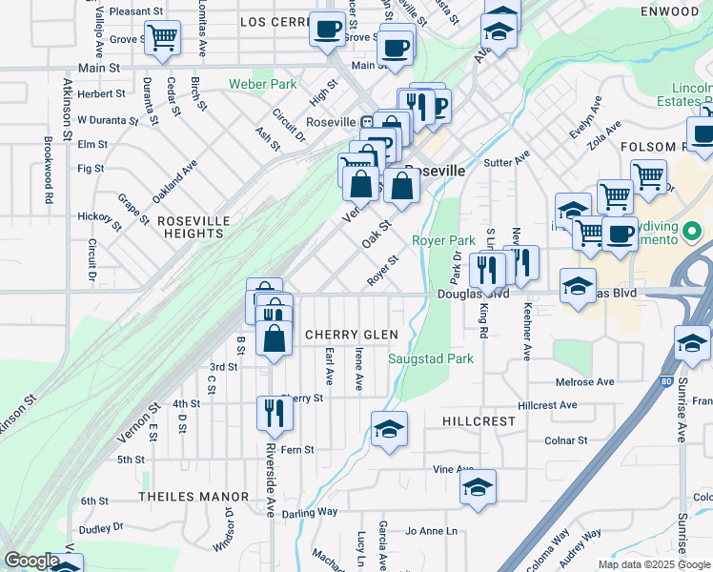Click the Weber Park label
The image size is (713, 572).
pyautogui.click(x=262, y=84)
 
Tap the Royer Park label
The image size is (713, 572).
pyautogui.click(x=443, y=241)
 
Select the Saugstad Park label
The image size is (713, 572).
pyautogui.click(x=431, y=359)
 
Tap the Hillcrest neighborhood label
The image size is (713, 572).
pyautogui.click(x=479, y=420)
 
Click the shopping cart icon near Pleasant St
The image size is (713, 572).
pyautogui.click(x=162, y=38)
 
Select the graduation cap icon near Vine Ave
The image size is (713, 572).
pyautogui.click(x=478, y=488)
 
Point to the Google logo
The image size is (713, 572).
pyautogui.click(x=31, y=561)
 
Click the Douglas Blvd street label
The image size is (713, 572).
pyautogui.click(x=473, y=295)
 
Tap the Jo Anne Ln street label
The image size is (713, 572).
pyautogui.click(x=432, y=530)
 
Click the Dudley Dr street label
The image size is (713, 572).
pyautogui.click(x=102, y=526)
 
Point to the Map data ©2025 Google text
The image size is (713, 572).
pyautogui.click(x=653, y=564)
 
